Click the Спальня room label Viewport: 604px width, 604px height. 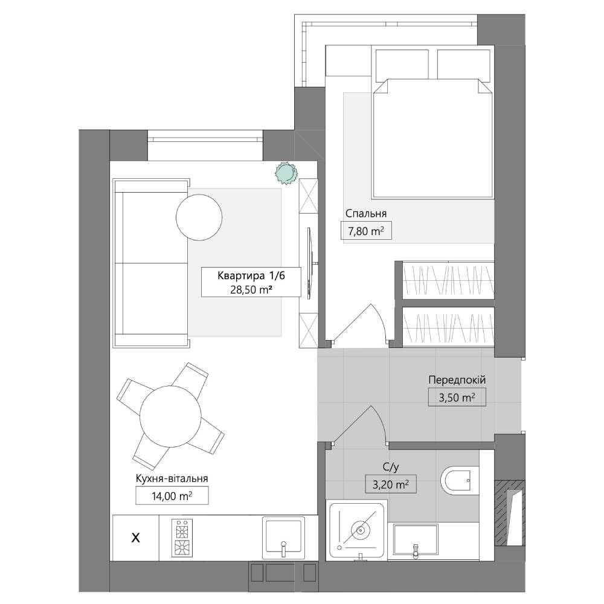365,214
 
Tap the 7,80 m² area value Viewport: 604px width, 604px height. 366,231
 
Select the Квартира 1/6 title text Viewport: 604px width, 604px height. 251,276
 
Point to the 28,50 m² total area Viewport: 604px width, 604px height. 251,290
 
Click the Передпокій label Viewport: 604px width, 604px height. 457,380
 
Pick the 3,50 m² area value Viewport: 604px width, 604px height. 457,397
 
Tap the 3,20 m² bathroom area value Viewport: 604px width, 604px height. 391,484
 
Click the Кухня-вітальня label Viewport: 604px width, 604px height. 172,478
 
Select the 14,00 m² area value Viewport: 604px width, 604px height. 172,496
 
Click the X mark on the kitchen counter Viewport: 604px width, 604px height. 135,538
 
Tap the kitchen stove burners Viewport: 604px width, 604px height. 182,538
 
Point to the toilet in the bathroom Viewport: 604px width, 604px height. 460,481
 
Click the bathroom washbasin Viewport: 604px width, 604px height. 416,541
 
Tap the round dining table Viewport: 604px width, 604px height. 170,416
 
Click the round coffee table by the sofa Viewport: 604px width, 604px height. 199,217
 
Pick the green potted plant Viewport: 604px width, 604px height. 286,172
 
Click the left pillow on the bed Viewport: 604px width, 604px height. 402,64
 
